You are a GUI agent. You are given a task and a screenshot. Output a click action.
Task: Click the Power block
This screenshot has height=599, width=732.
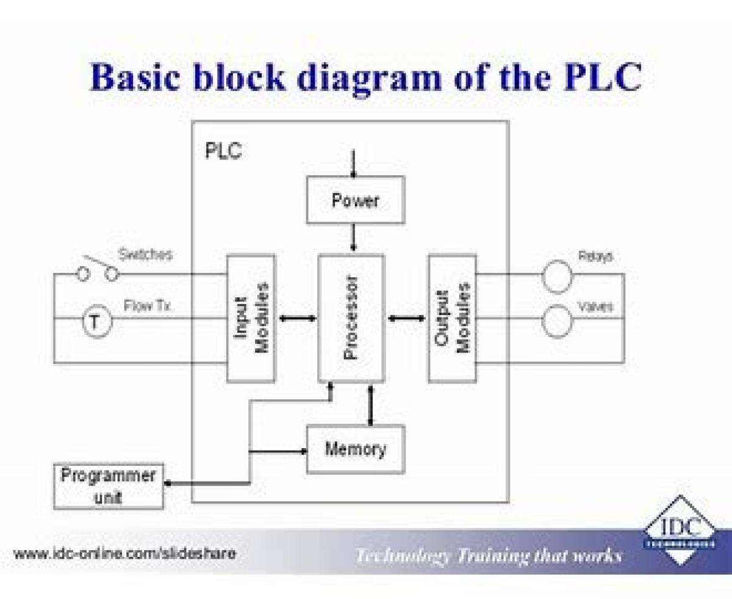[355, 200]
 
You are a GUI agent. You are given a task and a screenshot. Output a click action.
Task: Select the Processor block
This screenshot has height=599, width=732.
[351, 318]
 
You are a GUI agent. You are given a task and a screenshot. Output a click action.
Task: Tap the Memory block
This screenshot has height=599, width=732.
[355, 449]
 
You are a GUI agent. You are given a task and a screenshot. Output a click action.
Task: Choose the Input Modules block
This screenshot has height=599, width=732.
[251, 318]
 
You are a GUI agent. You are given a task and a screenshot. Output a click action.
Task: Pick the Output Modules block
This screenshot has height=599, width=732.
[451, 318]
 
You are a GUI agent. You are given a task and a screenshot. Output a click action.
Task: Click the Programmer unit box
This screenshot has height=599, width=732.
[109, 486]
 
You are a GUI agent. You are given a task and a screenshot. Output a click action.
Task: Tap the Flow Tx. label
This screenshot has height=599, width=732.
[148, 305]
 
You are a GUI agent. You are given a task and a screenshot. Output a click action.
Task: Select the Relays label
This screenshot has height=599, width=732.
[595, 256]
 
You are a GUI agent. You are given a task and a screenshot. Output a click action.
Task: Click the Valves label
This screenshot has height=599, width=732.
[595, 307]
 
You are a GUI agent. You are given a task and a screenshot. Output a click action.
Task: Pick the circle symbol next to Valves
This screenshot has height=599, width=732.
[557, 322]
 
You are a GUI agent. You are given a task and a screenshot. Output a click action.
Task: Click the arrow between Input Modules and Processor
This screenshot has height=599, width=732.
[297, 318]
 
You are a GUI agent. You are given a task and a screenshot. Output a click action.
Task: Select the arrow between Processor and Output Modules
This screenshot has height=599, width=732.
[406, 318]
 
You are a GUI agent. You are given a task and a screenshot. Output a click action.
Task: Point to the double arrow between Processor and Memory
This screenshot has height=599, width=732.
[369, 404]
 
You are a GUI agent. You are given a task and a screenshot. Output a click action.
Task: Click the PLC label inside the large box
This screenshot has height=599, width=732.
[223, 151]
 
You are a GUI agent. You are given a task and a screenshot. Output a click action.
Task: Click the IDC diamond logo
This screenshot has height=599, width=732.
[680, 530]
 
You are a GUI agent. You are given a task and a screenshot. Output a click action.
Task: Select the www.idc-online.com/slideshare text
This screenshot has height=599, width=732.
[125, 554]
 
